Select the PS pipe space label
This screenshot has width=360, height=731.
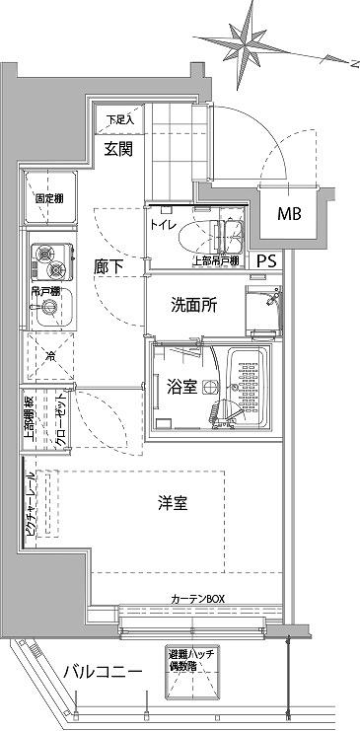(x=266, y=261)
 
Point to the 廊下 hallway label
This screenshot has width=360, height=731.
(x=109, y=266)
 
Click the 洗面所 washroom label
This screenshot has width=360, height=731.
(x=195, y=305)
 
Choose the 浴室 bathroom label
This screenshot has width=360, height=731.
(x=180, y=387)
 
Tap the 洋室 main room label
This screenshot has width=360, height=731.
(x=174, y=503)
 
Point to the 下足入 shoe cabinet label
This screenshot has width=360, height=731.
(x=119, y=120)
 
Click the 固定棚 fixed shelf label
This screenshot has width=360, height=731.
(x=51, y=197)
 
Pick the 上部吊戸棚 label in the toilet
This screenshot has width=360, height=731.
(x=215, y=261)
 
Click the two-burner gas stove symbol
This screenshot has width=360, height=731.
(x=49, y=261)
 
